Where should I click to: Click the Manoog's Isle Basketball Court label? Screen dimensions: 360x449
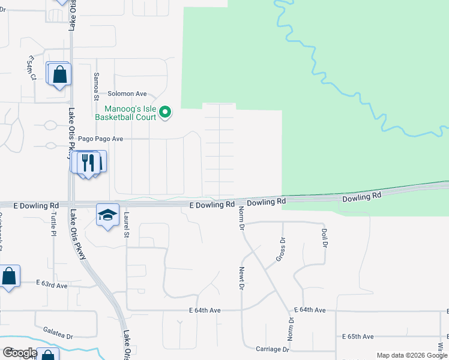tap(130, 113)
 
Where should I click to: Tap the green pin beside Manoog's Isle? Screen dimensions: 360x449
tap(167, 112)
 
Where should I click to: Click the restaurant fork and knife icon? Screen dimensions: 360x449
tap(88, 162)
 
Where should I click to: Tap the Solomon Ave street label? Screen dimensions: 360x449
tap(127, 94)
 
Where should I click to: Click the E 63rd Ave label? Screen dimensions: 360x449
tap(52, 284)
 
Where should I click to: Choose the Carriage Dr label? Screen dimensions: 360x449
tap(272, 349)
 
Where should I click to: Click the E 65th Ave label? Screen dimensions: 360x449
tap(358, 337)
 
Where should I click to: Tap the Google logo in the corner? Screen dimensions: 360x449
tap(19, 353)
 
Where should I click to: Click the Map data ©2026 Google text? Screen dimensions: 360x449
tap(411, 355)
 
